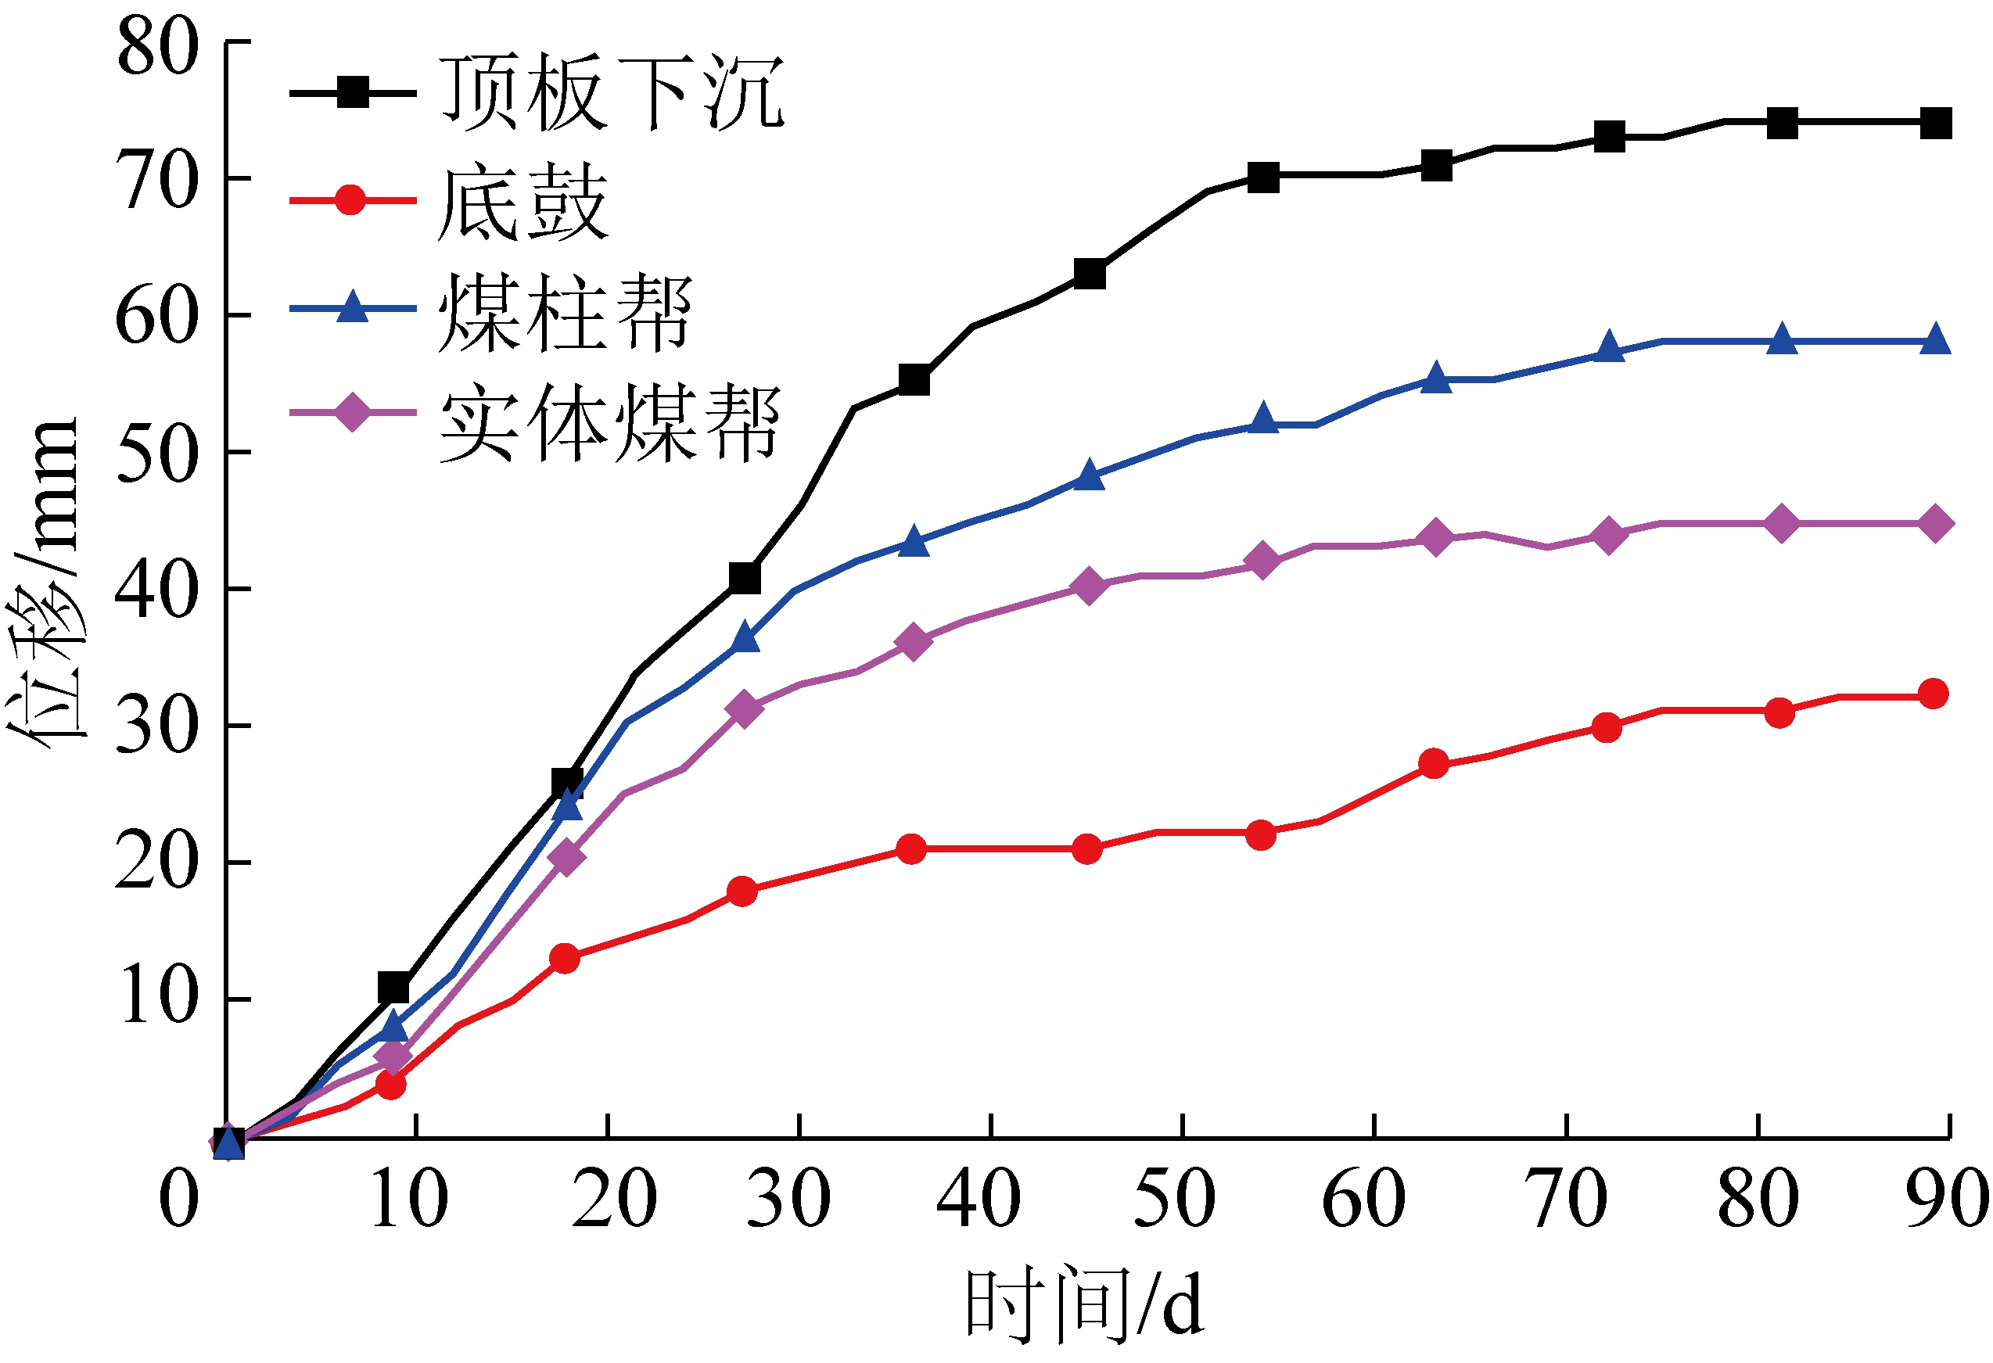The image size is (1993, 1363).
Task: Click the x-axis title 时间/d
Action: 1084,1304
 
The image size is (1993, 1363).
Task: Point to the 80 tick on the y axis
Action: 158,46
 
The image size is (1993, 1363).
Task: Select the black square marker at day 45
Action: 1089,274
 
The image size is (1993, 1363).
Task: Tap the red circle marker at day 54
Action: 1260,835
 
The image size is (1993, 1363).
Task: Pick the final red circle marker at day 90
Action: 1933,694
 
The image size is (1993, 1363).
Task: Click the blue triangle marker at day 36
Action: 914,542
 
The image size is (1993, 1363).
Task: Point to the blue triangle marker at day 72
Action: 1609,347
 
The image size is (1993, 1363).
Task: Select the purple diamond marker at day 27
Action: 745,709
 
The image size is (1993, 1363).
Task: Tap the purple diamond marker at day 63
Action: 1435,538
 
